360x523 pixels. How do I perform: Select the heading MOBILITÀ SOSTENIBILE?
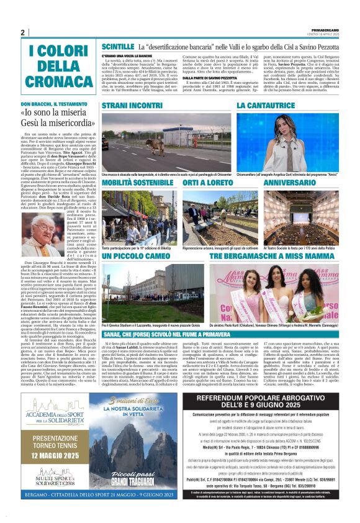click(x=138, y=183)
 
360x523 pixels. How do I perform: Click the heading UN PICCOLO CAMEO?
click(x=134, y=256)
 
